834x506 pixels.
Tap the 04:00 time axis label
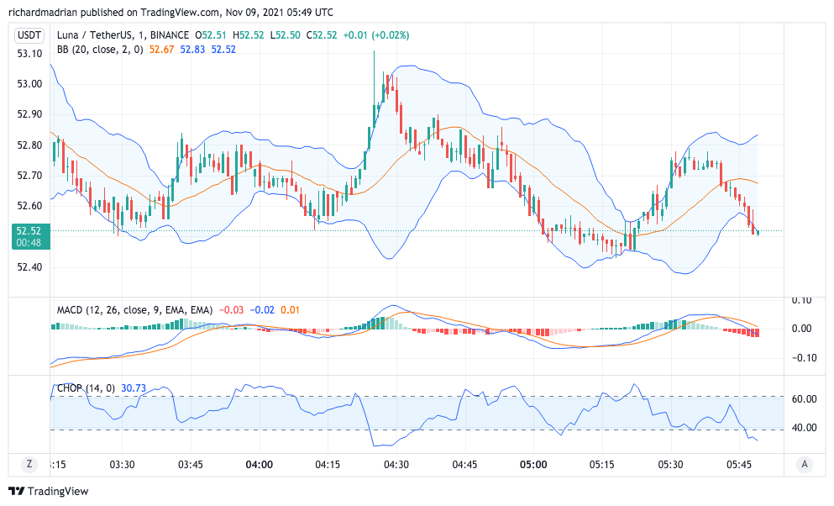[x=259, y=464]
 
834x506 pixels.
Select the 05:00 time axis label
[x=533, y=464]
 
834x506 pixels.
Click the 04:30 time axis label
[x=396, y=464]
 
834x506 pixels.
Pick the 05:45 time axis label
[x=739, y=464]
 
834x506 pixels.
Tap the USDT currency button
[x=29, y=35]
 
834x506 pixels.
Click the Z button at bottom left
[x=29, y=464]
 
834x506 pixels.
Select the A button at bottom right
[x=805, y=464]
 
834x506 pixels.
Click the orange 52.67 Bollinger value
[x=161, y=50]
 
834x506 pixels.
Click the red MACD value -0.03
[x=232, y=310]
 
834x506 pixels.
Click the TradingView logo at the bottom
[x=49, y=491]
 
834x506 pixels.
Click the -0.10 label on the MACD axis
[x=804, y=357]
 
